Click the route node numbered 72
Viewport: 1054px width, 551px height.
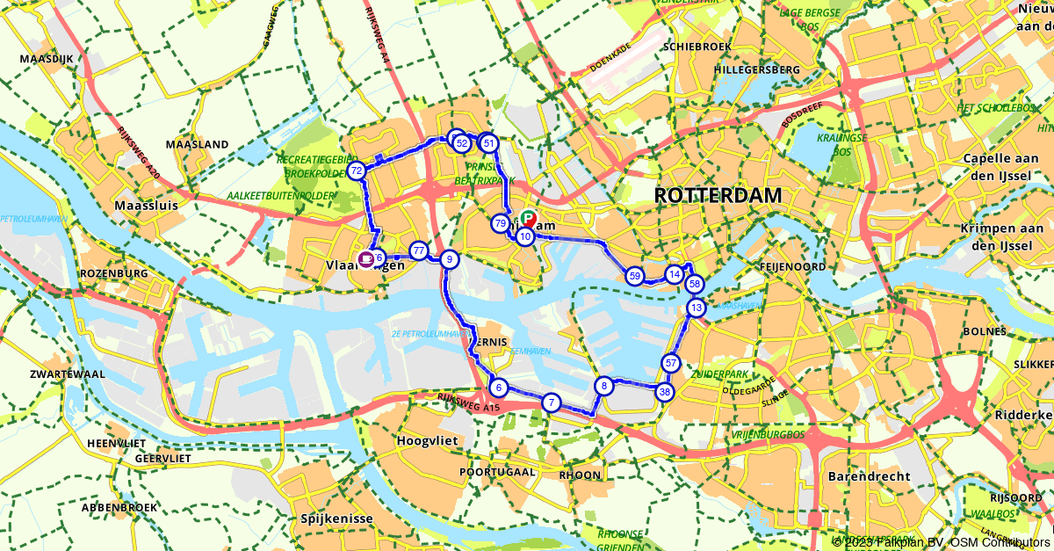356,170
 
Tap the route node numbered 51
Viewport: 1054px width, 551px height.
489,143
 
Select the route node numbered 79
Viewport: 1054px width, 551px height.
500,223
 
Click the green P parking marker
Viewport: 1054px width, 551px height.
528,218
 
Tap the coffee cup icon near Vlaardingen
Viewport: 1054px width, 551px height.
365,258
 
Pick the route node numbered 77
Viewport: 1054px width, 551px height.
419,250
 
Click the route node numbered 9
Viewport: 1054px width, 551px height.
449,258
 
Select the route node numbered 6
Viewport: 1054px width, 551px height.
498,388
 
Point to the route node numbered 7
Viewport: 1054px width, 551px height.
551,402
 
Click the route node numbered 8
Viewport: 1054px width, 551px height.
603,385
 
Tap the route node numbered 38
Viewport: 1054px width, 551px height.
665,392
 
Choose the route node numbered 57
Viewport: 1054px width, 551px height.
671,363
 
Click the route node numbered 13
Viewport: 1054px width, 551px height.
696,308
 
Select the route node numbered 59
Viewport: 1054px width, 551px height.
635,276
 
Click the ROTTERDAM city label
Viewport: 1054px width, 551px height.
718,195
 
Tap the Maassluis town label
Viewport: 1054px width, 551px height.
147,206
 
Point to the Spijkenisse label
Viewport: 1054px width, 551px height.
336,518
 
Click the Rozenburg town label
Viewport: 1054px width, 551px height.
112,273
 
